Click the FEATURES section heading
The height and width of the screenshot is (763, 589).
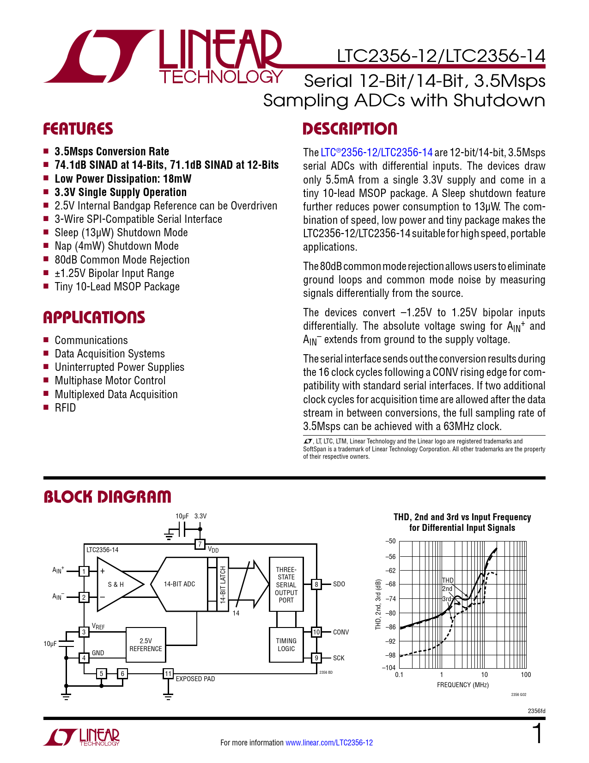78,129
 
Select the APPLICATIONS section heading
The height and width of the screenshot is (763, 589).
94,318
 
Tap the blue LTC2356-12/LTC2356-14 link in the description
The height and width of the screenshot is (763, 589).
376,153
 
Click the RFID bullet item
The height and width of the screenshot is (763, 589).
65,408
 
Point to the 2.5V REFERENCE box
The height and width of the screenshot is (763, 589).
146,645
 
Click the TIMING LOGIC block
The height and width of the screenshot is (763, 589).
286,645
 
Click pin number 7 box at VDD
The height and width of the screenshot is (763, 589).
200,544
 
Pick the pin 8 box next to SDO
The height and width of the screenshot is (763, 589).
316,585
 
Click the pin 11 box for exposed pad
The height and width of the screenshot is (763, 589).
168,674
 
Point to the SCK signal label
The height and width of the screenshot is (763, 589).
339,658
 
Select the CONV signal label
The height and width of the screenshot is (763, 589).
341,632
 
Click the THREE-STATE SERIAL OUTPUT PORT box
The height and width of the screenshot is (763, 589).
286,585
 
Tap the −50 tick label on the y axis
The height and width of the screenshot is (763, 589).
390,541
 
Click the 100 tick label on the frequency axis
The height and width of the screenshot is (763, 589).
526,675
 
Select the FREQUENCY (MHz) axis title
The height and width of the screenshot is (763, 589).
462,685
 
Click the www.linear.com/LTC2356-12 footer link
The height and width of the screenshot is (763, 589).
329,743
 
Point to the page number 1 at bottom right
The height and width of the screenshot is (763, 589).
537,734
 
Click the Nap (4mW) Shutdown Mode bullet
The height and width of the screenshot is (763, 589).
116,246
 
